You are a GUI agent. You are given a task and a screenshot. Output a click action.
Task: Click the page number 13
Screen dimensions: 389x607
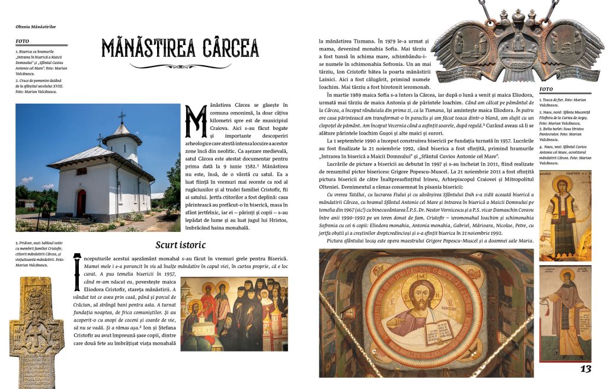585,369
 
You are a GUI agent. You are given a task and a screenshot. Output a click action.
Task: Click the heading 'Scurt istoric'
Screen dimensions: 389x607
180,244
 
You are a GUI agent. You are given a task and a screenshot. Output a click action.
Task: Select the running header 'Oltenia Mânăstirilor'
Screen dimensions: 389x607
40,26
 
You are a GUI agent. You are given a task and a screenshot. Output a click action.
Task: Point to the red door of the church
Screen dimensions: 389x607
81,203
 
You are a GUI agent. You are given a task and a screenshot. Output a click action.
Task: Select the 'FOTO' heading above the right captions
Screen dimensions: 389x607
546,90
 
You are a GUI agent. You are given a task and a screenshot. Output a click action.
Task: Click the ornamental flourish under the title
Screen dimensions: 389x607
180,66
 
